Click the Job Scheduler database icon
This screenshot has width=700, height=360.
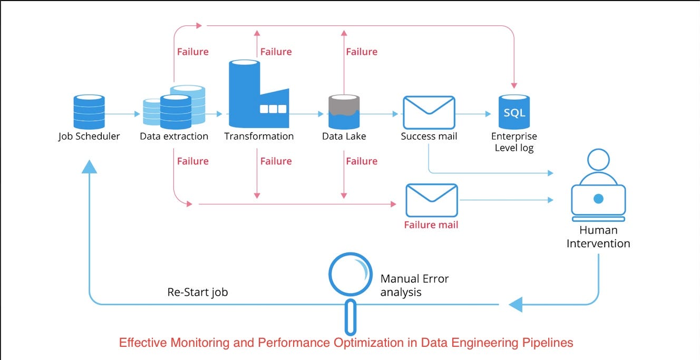[x=89, y=112]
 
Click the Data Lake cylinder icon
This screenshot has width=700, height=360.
[x=344, y=112]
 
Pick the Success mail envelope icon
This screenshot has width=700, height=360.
[x=429, y=113]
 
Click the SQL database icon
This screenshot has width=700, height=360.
[x=514, y=112]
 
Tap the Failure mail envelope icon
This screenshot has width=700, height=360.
[x=431, y=200]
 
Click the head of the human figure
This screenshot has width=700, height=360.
[x=598, y=160]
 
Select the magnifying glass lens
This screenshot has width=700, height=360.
[x=351, y=274]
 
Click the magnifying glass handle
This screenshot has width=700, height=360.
[x=351, y=318]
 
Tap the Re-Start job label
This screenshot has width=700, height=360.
[x=198, y=292]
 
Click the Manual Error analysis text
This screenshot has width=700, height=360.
[x=414, y=285]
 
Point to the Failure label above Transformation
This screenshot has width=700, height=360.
[x=276, y=52]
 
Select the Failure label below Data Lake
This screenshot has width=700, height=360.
[x=362, y=161]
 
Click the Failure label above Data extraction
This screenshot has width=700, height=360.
[x=192, y=52]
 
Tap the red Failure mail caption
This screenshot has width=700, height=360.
[x=431, y=225]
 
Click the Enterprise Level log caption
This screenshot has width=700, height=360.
[x=514, y=142]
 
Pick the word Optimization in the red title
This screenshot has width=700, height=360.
[x=374, y=343]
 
